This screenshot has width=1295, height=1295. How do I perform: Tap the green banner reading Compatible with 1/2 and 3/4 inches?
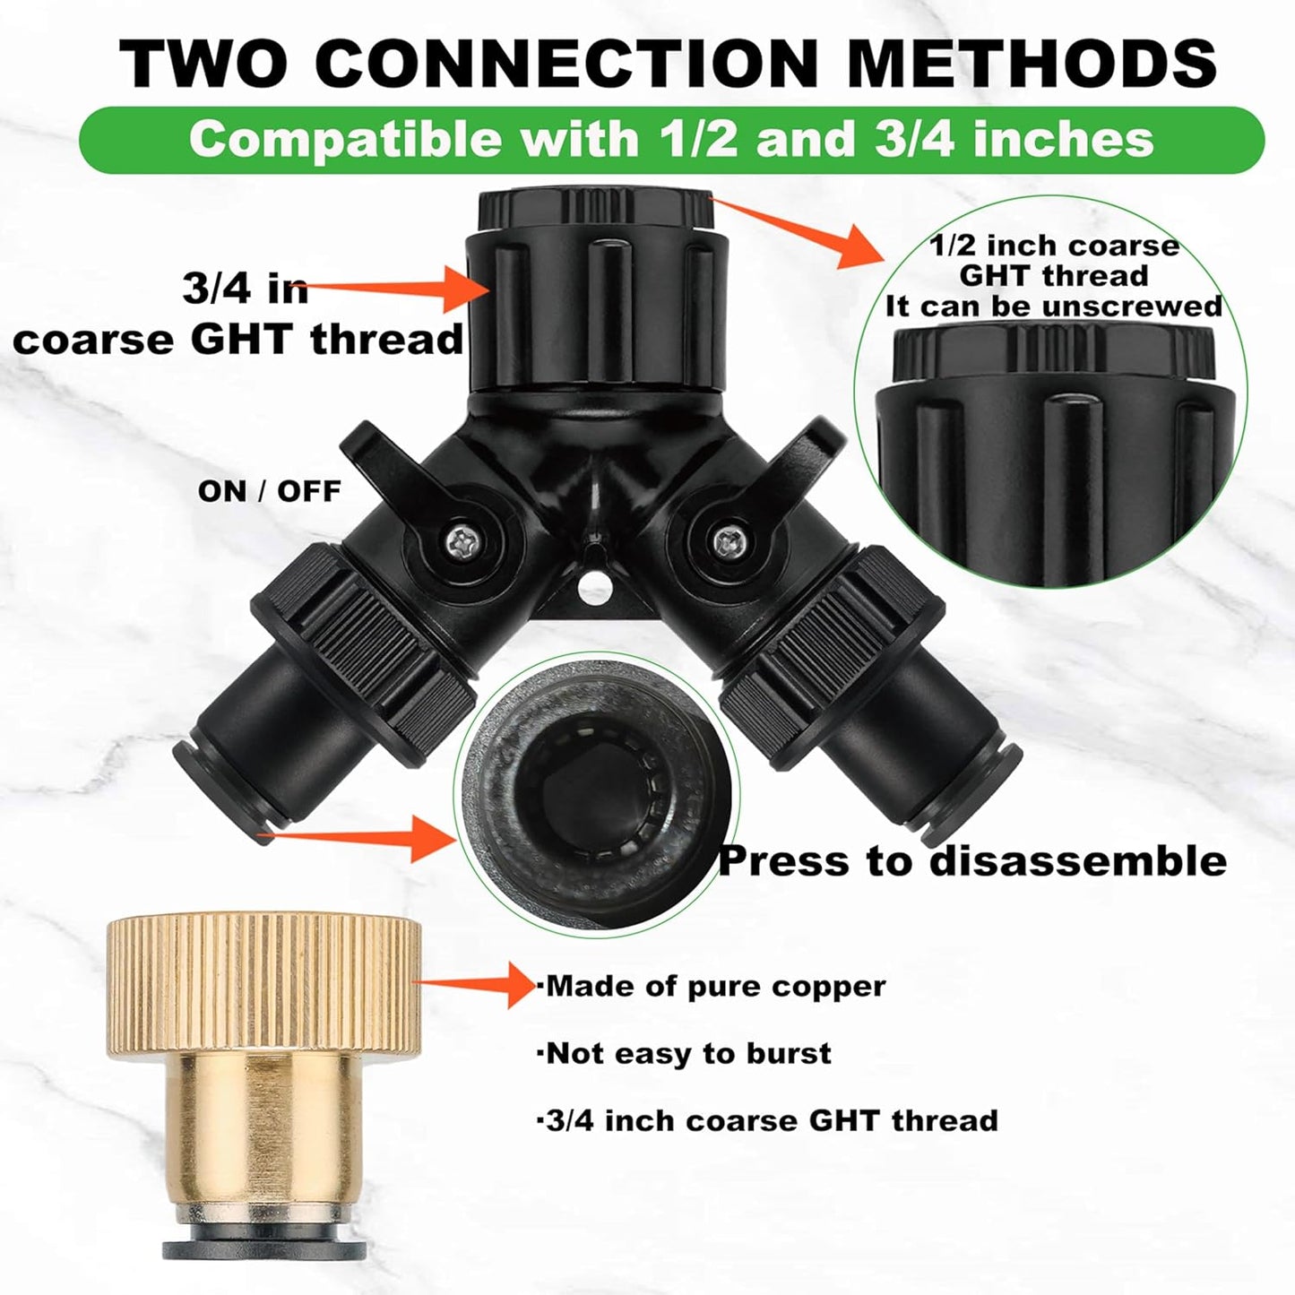pyautogui.click(x=671, y=140)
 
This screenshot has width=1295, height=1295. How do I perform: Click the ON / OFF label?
pyautogui.click(x=269, y=491)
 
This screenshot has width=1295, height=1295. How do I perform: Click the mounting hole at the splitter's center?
pyautogui.click(x=592, y=588)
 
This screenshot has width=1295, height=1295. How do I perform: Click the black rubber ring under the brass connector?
pyautogui.click(x=263, y=1248)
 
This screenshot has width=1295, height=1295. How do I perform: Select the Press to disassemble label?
pyautogui.click(x=972, y=860)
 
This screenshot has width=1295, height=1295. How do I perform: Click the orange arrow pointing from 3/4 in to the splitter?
pyautogui.click(x=403, y=288)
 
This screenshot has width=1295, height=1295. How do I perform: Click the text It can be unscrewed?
pyautogui.click(x=1054, y=306)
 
